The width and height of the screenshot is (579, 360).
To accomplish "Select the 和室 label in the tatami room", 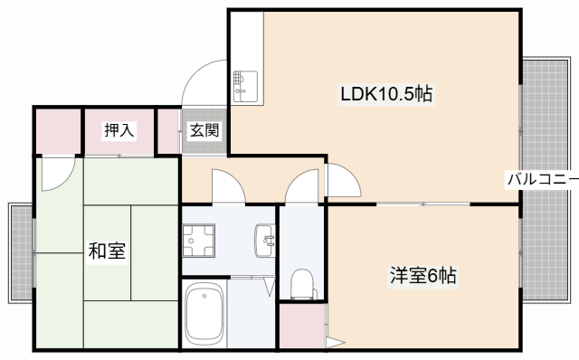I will (107, 251).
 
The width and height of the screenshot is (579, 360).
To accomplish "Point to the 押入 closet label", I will (119, 131).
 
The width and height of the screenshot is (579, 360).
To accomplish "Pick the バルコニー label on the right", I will (541, 179).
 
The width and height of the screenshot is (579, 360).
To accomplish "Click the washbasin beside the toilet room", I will (265, 239).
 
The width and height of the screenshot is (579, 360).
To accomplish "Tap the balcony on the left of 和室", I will (20, 253).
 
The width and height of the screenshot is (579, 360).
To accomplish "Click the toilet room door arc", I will (300, 185).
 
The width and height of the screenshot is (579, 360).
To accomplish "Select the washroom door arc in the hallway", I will (227, 185).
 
